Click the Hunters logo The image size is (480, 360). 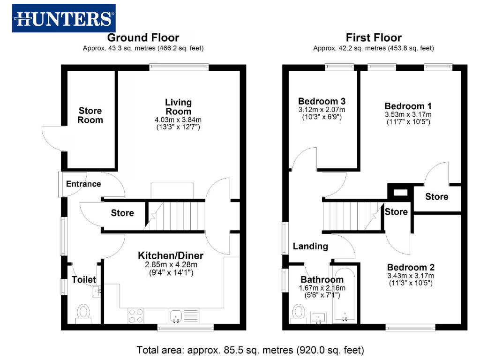[x=64, y=18]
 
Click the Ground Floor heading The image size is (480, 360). [x=143, y=37]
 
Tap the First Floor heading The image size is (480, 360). [x=374, y=37]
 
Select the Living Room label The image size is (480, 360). [x=178, y=107]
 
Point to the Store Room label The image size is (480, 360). [x=90, y=115]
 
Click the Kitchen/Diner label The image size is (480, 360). [x=170, y=255]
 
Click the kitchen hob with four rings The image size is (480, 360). [x=136, y=315]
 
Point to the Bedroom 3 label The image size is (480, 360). [x=322, y=101]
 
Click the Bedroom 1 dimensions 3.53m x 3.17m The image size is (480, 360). [x=408, y=114]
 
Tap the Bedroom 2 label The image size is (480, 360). [x=411, y=268]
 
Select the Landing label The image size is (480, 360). [x=310, y=246]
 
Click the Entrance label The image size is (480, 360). [x=83, y=184]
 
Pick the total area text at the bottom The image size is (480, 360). [x=250, y=350]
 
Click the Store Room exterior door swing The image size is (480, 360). [x=52, y=139]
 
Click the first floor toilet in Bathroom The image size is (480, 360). [x=298, y=312]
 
